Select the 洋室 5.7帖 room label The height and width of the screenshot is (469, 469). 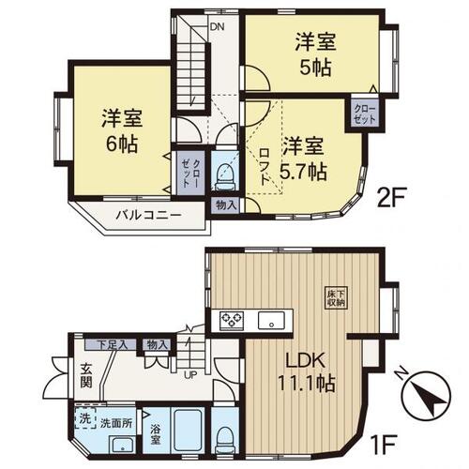[x=304, y=159]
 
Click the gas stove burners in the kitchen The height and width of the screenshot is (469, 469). [x=231, y=321]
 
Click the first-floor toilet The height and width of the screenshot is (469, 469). [x=226, y=435]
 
